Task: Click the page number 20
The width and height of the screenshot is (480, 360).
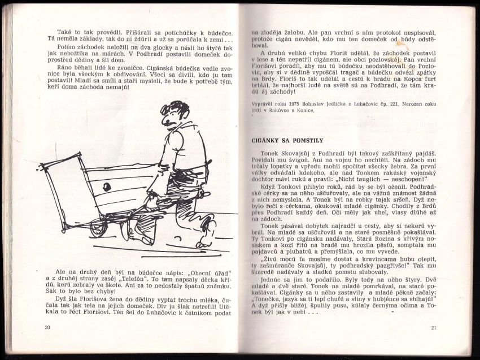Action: coord(47,327)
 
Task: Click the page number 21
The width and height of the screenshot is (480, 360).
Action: coord(434,327)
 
